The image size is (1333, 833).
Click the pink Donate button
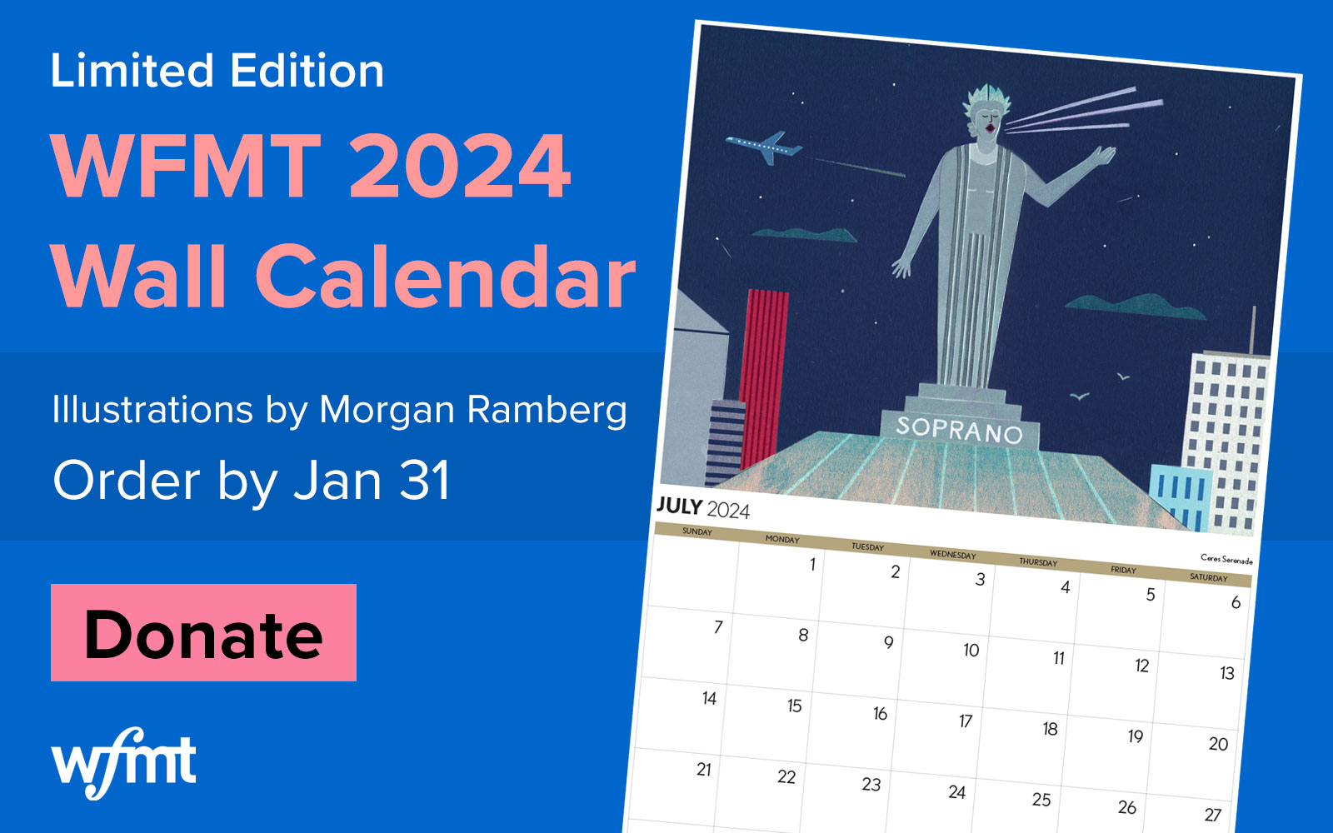tap(203, 633)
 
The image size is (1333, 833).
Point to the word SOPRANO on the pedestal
tap(959, 429)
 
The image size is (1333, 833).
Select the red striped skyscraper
tap(761, 375)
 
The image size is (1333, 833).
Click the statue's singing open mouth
tap(989, 128)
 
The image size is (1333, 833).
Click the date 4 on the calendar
tap(1065, 587)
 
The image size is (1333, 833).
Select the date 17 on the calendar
tap(965, 721)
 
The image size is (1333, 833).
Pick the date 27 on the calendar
tap(1212, 815)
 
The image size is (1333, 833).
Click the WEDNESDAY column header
tap(952, 555)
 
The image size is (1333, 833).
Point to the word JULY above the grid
tap(679, 506)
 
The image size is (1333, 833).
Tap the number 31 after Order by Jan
tap(425, 481)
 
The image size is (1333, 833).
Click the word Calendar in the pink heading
tap(445, 277)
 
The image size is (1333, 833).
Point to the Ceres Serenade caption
tap(1226, 559)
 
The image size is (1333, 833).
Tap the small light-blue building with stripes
tap(1180, 495)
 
